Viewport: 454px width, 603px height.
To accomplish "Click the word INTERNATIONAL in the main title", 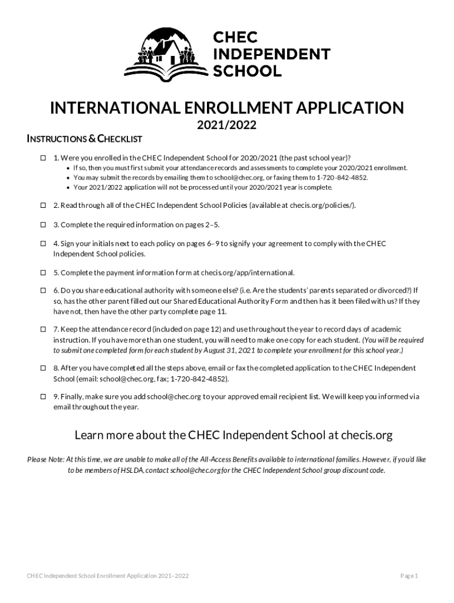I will click(108, 108).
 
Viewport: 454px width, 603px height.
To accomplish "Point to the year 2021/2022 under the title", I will click(227, 125).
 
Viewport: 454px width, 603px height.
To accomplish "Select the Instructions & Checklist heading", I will click(85, 139).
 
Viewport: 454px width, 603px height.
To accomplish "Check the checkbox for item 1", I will click(43, 158).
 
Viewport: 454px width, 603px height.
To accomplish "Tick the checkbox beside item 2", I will click(43, 205).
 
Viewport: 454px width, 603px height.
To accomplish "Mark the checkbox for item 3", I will click(43, 225).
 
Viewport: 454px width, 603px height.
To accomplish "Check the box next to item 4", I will click(43, 244).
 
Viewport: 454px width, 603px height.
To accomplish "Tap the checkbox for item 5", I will click(43, 273).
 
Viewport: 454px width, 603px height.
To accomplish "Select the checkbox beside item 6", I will click(43, 291).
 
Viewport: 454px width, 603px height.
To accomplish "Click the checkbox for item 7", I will click(43, 329).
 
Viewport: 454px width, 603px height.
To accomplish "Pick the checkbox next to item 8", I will click(43, 368).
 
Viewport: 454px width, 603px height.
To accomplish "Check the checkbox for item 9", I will click(43, 397).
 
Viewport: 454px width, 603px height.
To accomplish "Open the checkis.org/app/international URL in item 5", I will click(248, 273).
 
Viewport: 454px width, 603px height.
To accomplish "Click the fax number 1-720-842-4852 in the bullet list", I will click(342, 177).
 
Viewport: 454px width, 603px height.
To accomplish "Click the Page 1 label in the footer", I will click(409, 575).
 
